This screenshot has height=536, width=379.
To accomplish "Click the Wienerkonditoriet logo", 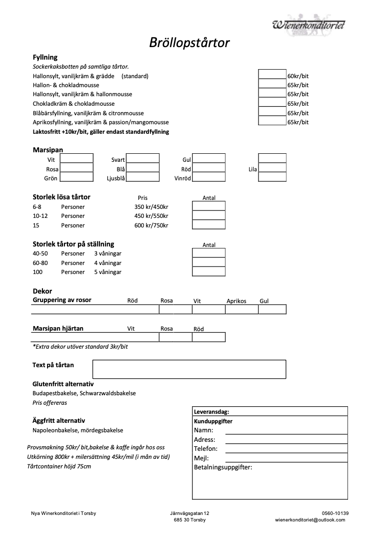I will point(308,24).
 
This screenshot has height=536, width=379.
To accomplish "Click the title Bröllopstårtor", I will point(189,43).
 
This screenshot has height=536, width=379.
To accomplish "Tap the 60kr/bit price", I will point(298,76).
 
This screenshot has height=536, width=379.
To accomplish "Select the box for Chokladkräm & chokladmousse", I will point(272,103).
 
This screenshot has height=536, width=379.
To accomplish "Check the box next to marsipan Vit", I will point(76,159).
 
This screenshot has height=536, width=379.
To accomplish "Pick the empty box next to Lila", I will point(272,168).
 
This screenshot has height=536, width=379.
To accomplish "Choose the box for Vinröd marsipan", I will point(208,177).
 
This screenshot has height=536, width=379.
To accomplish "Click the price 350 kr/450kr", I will point(151,207).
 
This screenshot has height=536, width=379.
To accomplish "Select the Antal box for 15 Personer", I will point(208,225).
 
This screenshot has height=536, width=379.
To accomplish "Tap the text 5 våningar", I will point(108,272).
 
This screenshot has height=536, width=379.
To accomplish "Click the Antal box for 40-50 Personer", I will point(208,253).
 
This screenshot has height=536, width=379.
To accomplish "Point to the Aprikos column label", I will point(236,301).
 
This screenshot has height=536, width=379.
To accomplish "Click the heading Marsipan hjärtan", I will point(58,329).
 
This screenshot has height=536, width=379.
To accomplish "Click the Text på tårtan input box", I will point(189,369).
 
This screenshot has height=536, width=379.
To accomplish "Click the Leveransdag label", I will point(211,411).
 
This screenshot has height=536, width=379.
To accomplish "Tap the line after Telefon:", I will point(286,449).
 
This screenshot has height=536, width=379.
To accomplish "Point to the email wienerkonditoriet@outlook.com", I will point(310,520).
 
